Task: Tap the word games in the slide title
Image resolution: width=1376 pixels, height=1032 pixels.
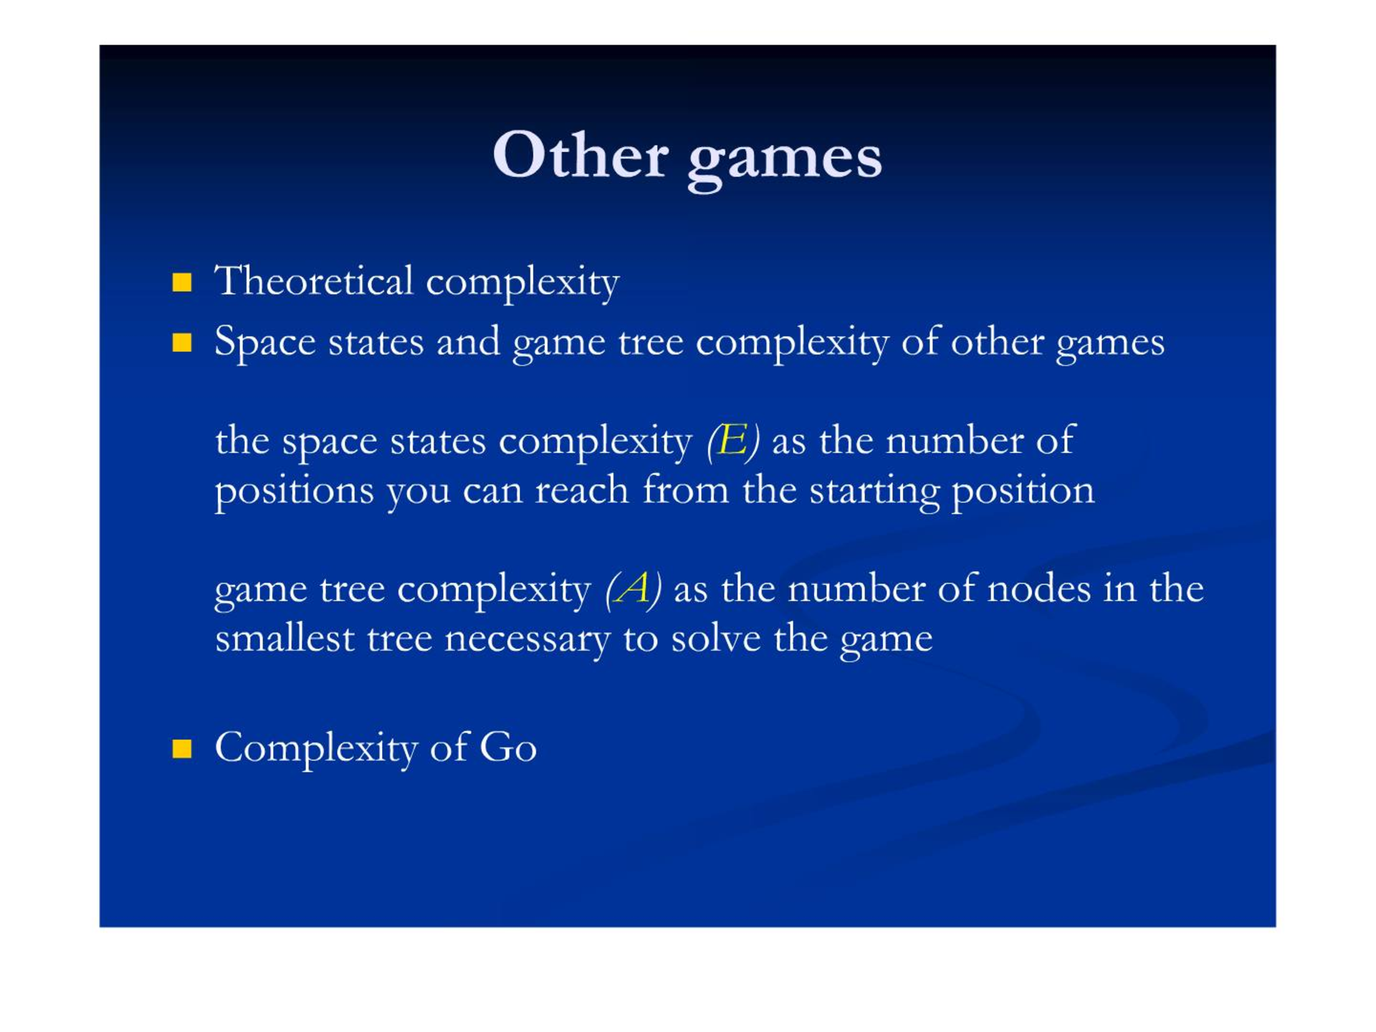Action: tap(785, 161)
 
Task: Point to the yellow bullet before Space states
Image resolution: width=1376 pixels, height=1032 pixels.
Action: tap(182, 343)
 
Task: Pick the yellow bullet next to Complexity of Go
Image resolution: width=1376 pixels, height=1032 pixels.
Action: tap(182, 749)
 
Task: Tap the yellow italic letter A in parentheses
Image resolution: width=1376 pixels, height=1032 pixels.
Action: tap(633, 588)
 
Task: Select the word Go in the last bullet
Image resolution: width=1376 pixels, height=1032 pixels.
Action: tap(508, 747)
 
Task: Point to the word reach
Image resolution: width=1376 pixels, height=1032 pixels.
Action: tap(582, 490)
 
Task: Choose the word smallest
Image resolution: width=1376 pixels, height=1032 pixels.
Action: tap(285, 638)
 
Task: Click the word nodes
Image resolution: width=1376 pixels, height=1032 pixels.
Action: tap(1039, 588)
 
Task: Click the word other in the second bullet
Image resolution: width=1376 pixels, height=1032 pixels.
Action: tap(997, 341)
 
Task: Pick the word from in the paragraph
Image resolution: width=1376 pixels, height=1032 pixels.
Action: tap(685, 490)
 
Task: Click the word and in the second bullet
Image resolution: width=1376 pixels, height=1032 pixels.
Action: tap(468, 341)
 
